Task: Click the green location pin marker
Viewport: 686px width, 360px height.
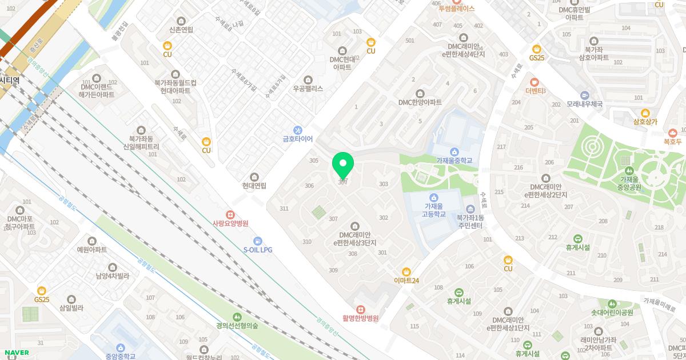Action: [343, 166]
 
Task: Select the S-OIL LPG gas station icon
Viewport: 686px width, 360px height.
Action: [257, 241]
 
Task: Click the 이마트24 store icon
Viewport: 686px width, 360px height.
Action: [406, 271]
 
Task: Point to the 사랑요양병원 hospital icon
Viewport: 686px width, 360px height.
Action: [230, 215]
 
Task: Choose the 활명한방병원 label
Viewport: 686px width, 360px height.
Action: [361, 318]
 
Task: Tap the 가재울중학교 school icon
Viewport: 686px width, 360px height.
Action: [454, 151]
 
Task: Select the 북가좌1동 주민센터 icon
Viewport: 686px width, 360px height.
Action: [470, 209]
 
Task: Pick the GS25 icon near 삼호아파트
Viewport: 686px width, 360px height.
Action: [536, 49]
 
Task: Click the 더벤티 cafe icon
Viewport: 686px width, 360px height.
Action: [535, 82]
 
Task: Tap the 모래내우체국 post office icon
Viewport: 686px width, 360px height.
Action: [585, 95]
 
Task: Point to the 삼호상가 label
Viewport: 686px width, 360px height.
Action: [645, 122]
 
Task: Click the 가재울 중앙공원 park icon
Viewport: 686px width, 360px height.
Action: [629, 170]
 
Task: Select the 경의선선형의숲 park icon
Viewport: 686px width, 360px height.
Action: [237, 317]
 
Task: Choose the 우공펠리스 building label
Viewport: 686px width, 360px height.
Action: [308, 89]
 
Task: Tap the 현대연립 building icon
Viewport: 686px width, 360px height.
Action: [254, 177]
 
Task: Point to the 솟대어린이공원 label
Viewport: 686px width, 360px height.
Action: [612, 313]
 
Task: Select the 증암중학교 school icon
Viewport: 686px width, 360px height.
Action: [120, 347]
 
